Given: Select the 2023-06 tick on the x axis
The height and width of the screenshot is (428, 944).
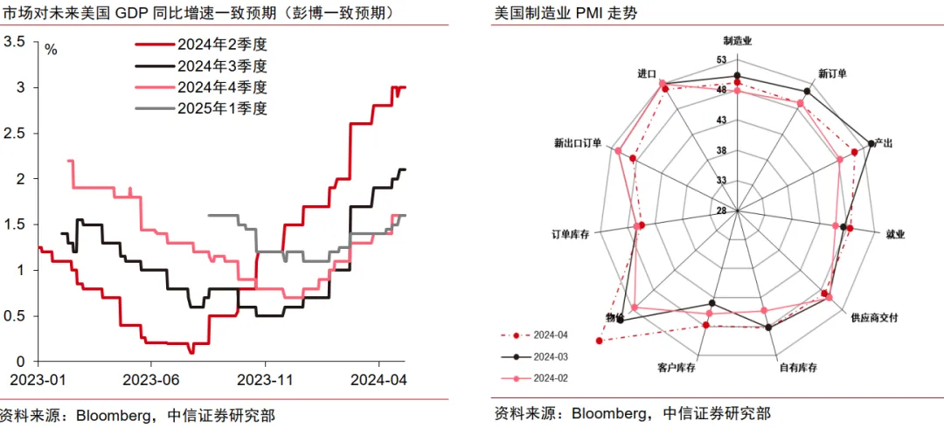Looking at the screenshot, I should (x=150, y=380).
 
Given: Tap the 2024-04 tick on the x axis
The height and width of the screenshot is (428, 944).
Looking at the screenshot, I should (x=378, y=380).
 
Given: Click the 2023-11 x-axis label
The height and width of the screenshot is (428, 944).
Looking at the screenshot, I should (x=265, y=380).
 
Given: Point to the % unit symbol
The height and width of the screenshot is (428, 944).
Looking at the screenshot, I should (x=51, y=50).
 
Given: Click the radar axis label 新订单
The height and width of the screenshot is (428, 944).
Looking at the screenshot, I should (x=832, y=73).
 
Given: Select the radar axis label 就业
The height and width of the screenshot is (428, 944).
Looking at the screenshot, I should (x=895, y=234).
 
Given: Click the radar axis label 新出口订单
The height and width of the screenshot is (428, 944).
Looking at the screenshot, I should (x=578, y=142).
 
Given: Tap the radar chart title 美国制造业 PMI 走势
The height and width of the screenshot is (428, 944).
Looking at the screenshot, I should (x=554, y=14).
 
